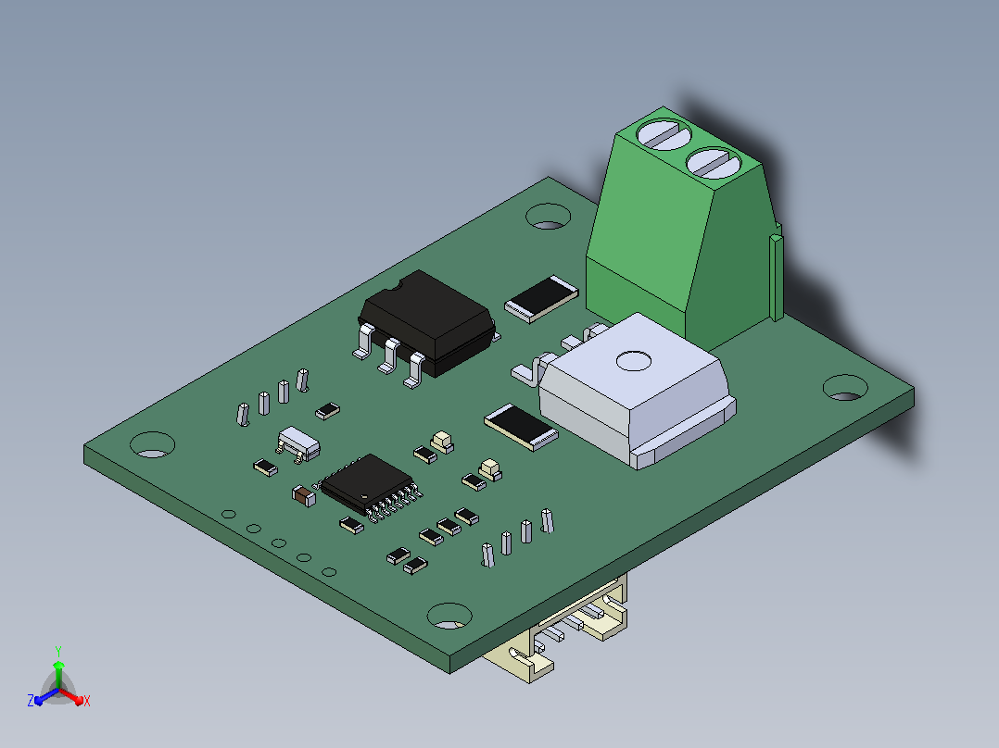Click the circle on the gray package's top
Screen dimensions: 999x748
pos(633,361)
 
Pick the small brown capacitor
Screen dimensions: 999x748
pos(303,495)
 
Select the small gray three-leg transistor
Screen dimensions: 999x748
pos(298,443)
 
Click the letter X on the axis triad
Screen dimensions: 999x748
pos(87,701)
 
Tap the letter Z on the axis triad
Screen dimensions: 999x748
pos(31,701)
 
